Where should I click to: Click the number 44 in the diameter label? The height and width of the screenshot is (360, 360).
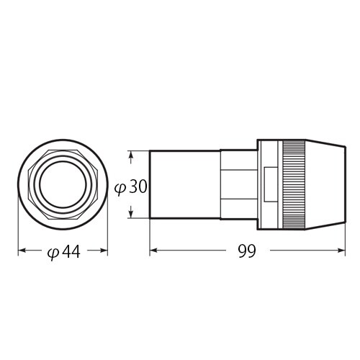pos(69,252)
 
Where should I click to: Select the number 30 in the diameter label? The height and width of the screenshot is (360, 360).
pos(139,186)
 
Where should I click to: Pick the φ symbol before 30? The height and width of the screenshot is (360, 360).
pos(122,187)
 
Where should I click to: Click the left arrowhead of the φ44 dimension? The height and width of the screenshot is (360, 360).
pos(21,251)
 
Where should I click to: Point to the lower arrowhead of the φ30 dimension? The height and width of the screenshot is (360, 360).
pos(131,214)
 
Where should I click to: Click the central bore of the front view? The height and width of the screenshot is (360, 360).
pos(63,184)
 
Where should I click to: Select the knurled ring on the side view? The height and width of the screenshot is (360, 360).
pos(294,184)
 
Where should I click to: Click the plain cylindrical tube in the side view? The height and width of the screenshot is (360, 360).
pos(184,184)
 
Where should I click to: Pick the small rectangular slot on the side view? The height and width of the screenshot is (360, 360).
pos(270,184)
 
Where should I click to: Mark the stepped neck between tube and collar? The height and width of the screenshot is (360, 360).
pos(238,184)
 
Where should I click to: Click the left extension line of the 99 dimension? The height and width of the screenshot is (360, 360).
pos(149,238)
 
